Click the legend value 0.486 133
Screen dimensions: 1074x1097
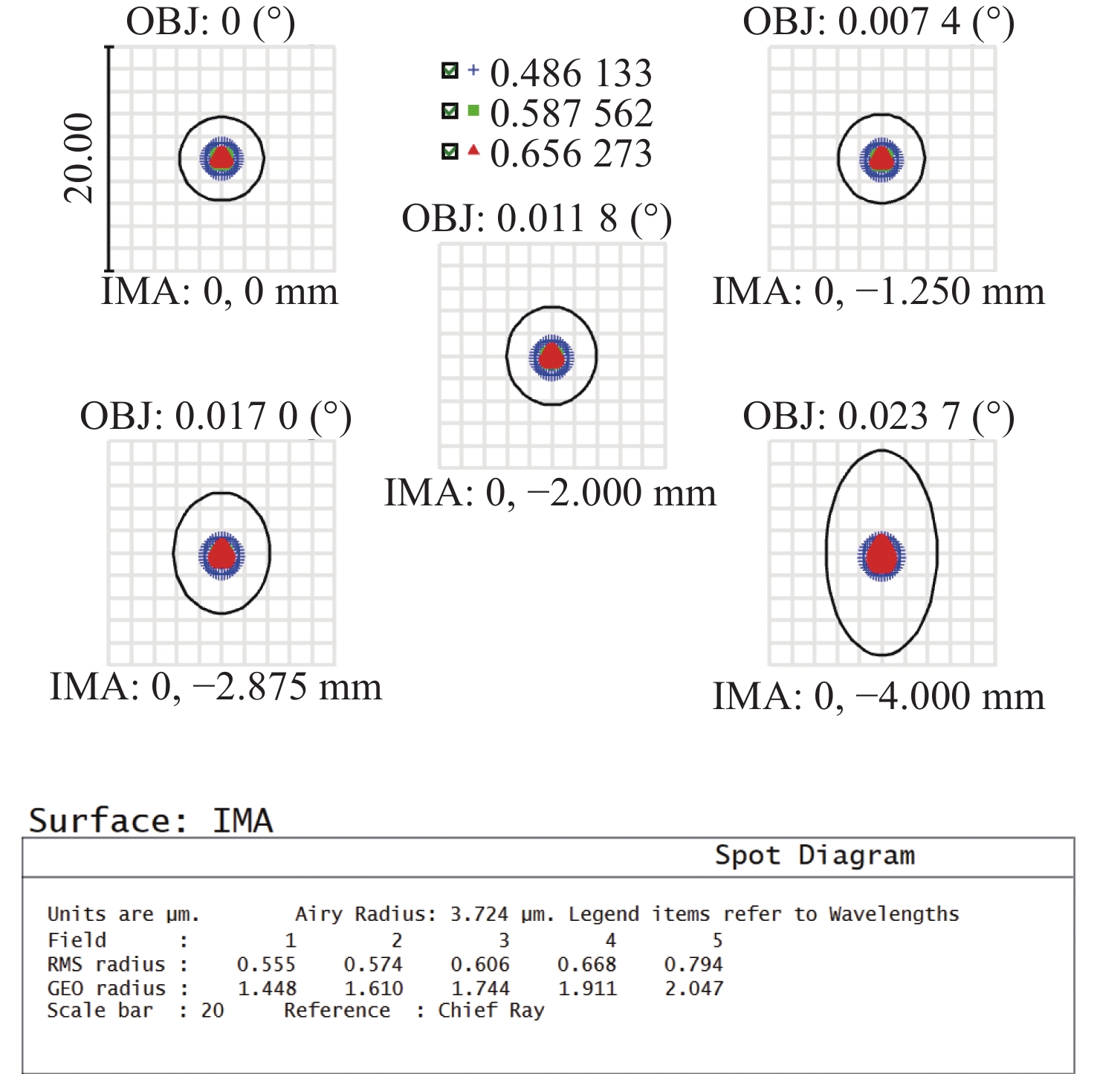click(x=571, y=74)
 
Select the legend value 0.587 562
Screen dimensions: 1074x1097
click(x=571, y=114)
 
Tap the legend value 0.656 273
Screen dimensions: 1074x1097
click(x=571, y=154)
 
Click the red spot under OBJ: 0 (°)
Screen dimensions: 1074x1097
click(x=221, y=158)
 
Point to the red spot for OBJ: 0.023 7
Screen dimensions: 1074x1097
click(x=881, y=555)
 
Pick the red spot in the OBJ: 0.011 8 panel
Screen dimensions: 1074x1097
click(x=551, y=356)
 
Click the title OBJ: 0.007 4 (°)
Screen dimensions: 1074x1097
click(x=878, y=22)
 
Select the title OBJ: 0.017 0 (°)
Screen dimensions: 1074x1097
click(x=216, y=417)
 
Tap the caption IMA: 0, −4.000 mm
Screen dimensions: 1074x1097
click(x=878, y=697)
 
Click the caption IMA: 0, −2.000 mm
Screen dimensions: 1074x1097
click(x=550, y=493)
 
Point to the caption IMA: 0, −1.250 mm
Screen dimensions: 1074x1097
click(x=878, y=291)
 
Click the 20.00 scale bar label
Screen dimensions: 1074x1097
click(x=79, y=158)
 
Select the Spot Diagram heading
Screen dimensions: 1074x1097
click(x=815, y=855)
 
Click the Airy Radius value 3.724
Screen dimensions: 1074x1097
click(x=479, y=913)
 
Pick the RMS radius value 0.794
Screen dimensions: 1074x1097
click(x=693, y=964)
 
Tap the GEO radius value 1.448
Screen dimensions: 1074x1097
click(x=267, y=989)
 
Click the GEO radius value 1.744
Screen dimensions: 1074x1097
click(x=480, y=989)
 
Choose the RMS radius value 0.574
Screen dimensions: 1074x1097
click(x=373, y=964)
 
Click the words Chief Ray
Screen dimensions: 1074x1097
click(x=491, y=1011)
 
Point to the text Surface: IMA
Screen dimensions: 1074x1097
click(x=151, y=821)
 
